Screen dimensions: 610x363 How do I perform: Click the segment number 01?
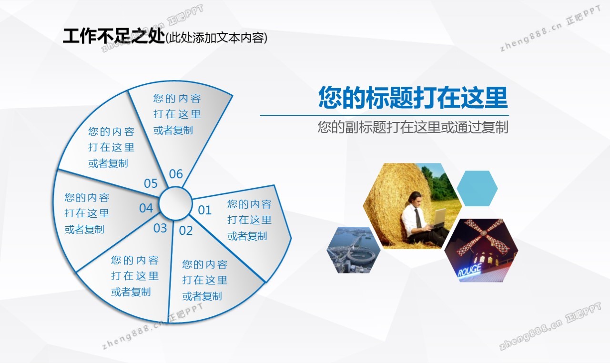point(204,211)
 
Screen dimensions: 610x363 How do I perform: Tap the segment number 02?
point(186,231)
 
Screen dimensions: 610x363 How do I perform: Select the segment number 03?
point(160,228)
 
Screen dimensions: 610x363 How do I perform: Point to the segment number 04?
point(146,208)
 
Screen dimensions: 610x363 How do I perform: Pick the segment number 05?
point(151,183)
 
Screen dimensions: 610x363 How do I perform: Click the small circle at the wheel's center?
point(175,203)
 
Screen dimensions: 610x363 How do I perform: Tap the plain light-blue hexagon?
point(477,188)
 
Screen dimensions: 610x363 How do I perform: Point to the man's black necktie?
point(418,218)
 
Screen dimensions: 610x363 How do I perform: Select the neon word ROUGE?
point(469,270)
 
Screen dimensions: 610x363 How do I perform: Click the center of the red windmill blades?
point(484,233)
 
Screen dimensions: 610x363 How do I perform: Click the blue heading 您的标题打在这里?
point(413,97)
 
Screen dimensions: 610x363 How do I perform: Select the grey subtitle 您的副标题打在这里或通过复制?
point(413,127)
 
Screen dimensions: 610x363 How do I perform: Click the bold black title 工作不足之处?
point(114,36)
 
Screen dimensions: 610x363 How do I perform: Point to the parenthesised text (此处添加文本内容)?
point(216,38)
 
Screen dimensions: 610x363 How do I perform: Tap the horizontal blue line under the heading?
point(384,115)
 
